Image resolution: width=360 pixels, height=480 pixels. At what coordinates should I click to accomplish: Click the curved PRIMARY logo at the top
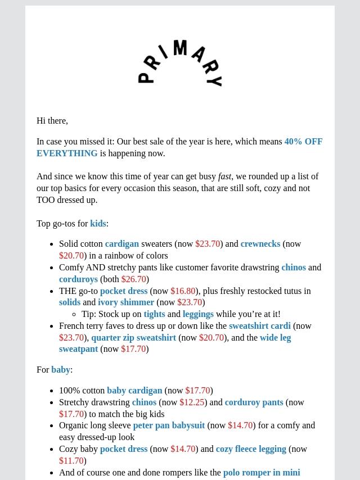point(180,63)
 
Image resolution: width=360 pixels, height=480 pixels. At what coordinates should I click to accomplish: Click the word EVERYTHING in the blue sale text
point(67,153)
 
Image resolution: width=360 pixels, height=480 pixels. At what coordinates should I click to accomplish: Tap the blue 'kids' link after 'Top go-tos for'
point(98,224)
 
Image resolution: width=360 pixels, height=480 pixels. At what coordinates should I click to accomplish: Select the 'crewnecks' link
point(260,244)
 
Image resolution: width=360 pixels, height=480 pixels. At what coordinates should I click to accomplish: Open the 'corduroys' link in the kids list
point(78,279)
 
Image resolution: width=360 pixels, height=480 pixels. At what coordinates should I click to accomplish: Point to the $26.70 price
point(134,279)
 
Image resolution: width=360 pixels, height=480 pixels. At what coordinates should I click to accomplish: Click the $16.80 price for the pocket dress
point(183,291)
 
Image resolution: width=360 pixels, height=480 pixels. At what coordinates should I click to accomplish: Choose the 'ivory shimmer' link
point(126,302)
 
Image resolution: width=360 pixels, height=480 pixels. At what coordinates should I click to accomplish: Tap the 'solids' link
point(70,302)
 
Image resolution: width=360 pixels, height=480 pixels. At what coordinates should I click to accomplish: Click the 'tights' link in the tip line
point(154,314)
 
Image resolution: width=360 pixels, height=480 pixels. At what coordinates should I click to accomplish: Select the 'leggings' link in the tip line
point(198,314)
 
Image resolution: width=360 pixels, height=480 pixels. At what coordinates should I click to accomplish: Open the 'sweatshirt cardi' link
point(260,326)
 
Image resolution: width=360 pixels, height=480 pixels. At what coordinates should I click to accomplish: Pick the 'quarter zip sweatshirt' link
point(134,338)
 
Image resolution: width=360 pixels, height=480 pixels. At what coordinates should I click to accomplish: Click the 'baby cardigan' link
point(134,391)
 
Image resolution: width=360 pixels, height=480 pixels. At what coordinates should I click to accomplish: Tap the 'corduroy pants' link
point(254,402)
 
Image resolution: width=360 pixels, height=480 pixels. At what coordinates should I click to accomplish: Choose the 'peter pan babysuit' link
point(169,425)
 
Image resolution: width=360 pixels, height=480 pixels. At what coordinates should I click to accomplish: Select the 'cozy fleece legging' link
point(251,449)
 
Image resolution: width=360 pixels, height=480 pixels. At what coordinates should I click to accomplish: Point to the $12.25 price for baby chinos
point(192,402)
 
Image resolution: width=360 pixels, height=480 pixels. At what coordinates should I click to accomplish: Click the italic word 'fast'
point(224,176)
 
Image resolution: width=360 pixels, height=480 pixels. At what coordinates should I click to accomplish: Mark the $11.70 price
point(71,461)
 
